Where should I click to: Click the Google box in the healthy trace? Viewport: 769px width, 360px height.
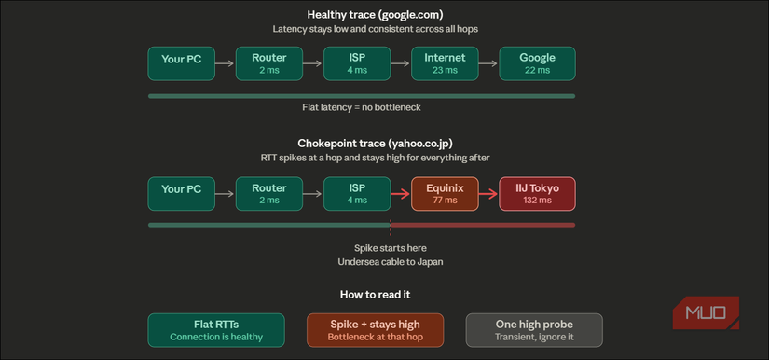click(537, 63)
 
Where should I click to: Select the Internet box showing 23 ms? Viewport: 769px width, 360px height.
click(445, 63)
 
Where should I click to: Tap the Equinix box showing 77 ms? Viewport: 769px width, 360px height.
click(445, 194)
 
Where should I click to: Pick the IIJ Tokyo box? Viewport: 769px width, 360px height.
click(537, 194)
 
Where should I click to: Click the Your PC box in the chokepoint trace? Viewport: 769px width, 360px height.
click(181, 194)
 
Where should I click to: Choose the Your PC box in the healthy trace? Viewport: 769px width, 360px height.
click(181, 63)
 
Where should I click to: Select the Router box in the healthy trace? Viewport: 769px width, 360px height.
click(268, 63)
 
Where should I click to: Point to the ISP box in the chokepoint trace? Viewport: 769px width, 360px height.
click(356, 194)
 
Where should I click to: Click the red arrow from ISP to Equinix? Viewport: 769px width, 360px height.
click(400, 194)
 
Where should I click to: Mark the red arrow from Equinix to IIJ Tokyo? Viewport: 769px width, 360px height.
click(488, 194)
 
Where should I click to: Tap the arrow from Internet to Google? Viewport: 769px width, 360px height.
click(488, 63)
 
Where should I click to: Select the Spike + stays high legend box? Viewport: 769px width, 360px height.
click(376, 329)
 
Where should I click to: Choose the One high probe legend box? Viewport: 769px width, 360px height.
click(534, 329)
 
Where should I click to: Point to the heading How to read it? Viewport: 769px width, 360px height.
click(376, 295)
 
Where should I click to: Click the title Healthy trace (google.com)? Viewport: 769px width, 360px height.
click(376, 14)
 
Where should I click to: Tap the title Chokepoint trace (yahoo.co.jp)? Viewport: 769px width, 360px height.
click(376, 143)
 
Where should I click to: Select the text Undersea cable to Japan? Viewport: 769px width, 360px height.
click(391, 262)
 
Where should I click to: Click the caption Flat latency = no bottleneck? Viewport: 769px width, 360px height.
click(362, 107)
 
